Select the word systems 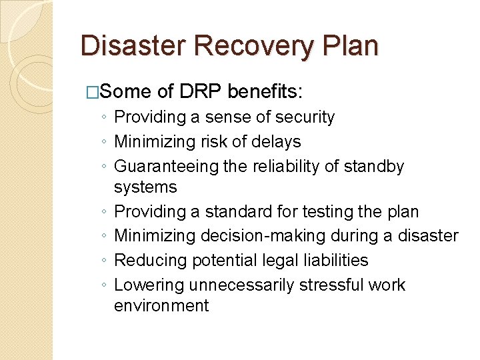coord(145,187)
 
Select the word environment coord(161,306)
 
